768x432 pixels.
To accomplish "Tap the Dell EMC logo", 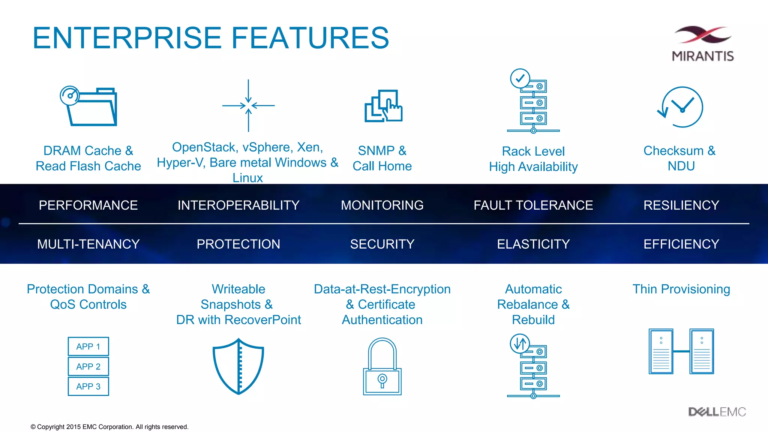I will pos(717,412).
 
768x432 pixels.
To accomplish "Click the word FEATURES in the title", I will pos(310,38).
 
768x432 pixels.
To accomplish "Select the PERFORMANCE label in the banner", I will pos(88,205).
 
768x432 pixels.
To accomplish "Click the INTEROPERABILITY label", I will pos(238,205).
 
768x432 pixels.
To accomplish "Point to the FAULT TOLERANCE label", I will pos(533,205).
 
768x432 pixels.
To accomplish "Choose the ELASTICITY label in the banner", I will pos(533,244).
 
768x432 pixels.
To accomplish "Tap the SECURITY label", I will pos(382,244).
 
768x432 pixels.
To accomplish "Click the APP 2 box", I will pos(88,366).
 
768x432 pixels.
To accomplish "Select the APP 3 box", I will pos(88,386).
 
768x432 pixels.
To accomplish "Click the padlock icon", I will pos(382,367).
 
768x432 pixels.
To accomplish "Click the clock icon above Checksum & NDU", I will pos(681,107).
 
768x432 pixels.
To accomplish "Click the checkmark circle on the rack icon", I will pos(520,78).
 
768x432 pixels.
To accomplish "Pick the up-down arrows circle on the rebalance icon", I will pos(520,343).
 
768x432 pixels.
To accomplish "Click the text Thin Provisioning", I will pos(681,289).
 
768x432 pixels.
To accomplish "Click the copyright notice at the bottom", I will pos(109,427).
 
